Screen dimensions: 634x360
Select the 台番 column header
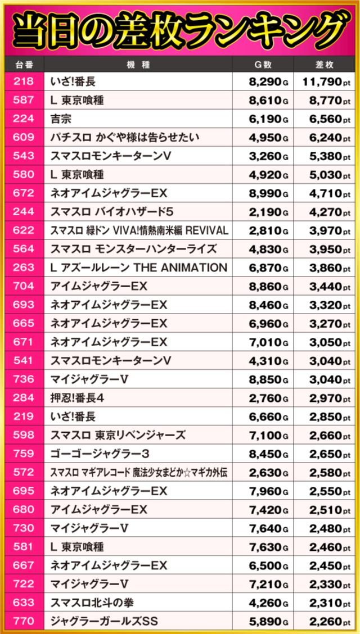pos(24,65)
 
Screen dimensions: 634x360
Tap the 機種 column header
pos(138,65)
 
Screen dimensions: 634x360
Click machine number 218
pos(24,82)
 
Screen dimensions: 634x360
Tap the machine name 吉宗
pos(61,119)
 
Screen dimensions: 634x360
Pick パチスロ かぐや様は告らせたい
pos(125,138)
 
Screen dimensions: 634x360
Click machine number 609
pos(24,138)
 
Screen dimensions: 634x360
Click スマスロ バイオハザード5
pos(109,212)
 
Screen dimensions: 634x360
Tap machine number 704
pos(24,286)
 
